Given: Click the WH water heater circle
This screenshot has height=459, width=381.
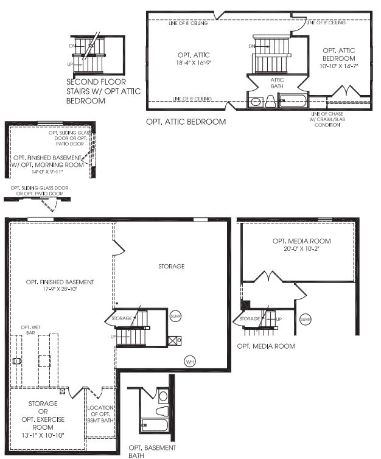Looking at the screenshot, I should click(190, 362).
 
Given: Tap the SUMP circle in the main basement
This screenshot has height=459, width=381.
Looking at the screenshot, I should click(176, 316).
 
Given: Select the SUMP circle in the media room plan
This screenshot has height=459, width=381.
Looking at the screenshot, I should click(306, 319).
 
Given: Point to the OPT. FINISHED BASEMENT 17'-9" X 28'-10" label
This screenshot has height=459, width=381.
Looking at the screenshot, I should click(60, 286).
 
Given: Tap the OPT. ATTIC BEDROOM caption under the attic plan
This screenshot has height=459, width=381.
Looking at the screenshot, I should click(186, 122).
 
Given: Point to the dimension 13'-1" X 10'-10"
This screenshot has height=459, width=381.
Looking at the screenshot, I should click(43, 435).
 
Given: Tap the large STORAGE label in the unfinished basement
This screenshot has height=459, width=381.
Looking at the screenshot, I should click(171, 266).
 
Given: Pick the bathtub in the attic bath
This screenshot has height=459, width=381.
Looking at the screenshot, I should click(292, 102).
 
